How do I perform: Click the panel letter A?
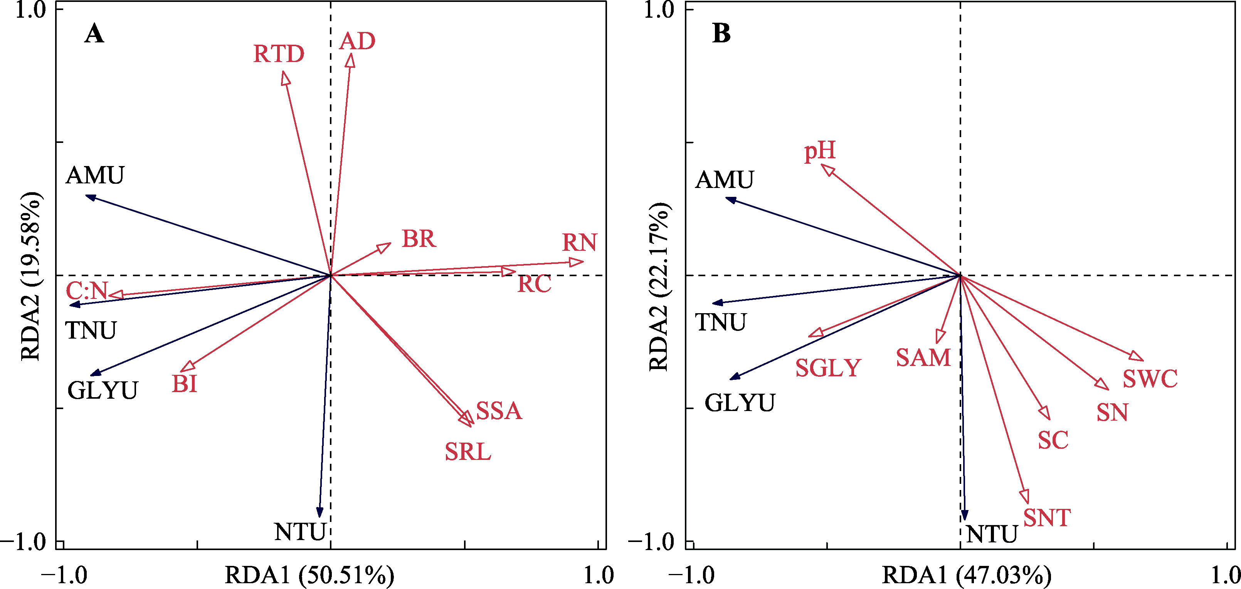(94, 34)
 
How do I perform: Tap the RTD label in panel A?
(279, 54)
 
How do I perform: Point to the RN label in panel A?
(580, 242)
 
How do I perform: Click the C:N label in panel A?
(87, 291)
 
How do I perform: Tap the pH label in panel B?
(820, 151)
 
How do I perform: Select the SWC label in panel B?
(1150, 379)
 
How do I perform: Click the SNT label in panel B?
(1047, 518)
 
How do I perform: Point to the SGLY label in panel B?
(828, 368)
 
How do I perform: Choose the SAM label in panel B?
(923, 358)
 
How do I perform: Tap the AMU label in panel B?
(724, 180)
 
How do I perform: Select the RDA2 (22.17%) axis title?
(659, 287)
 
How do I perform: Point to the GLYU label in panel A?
(103, 391)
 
